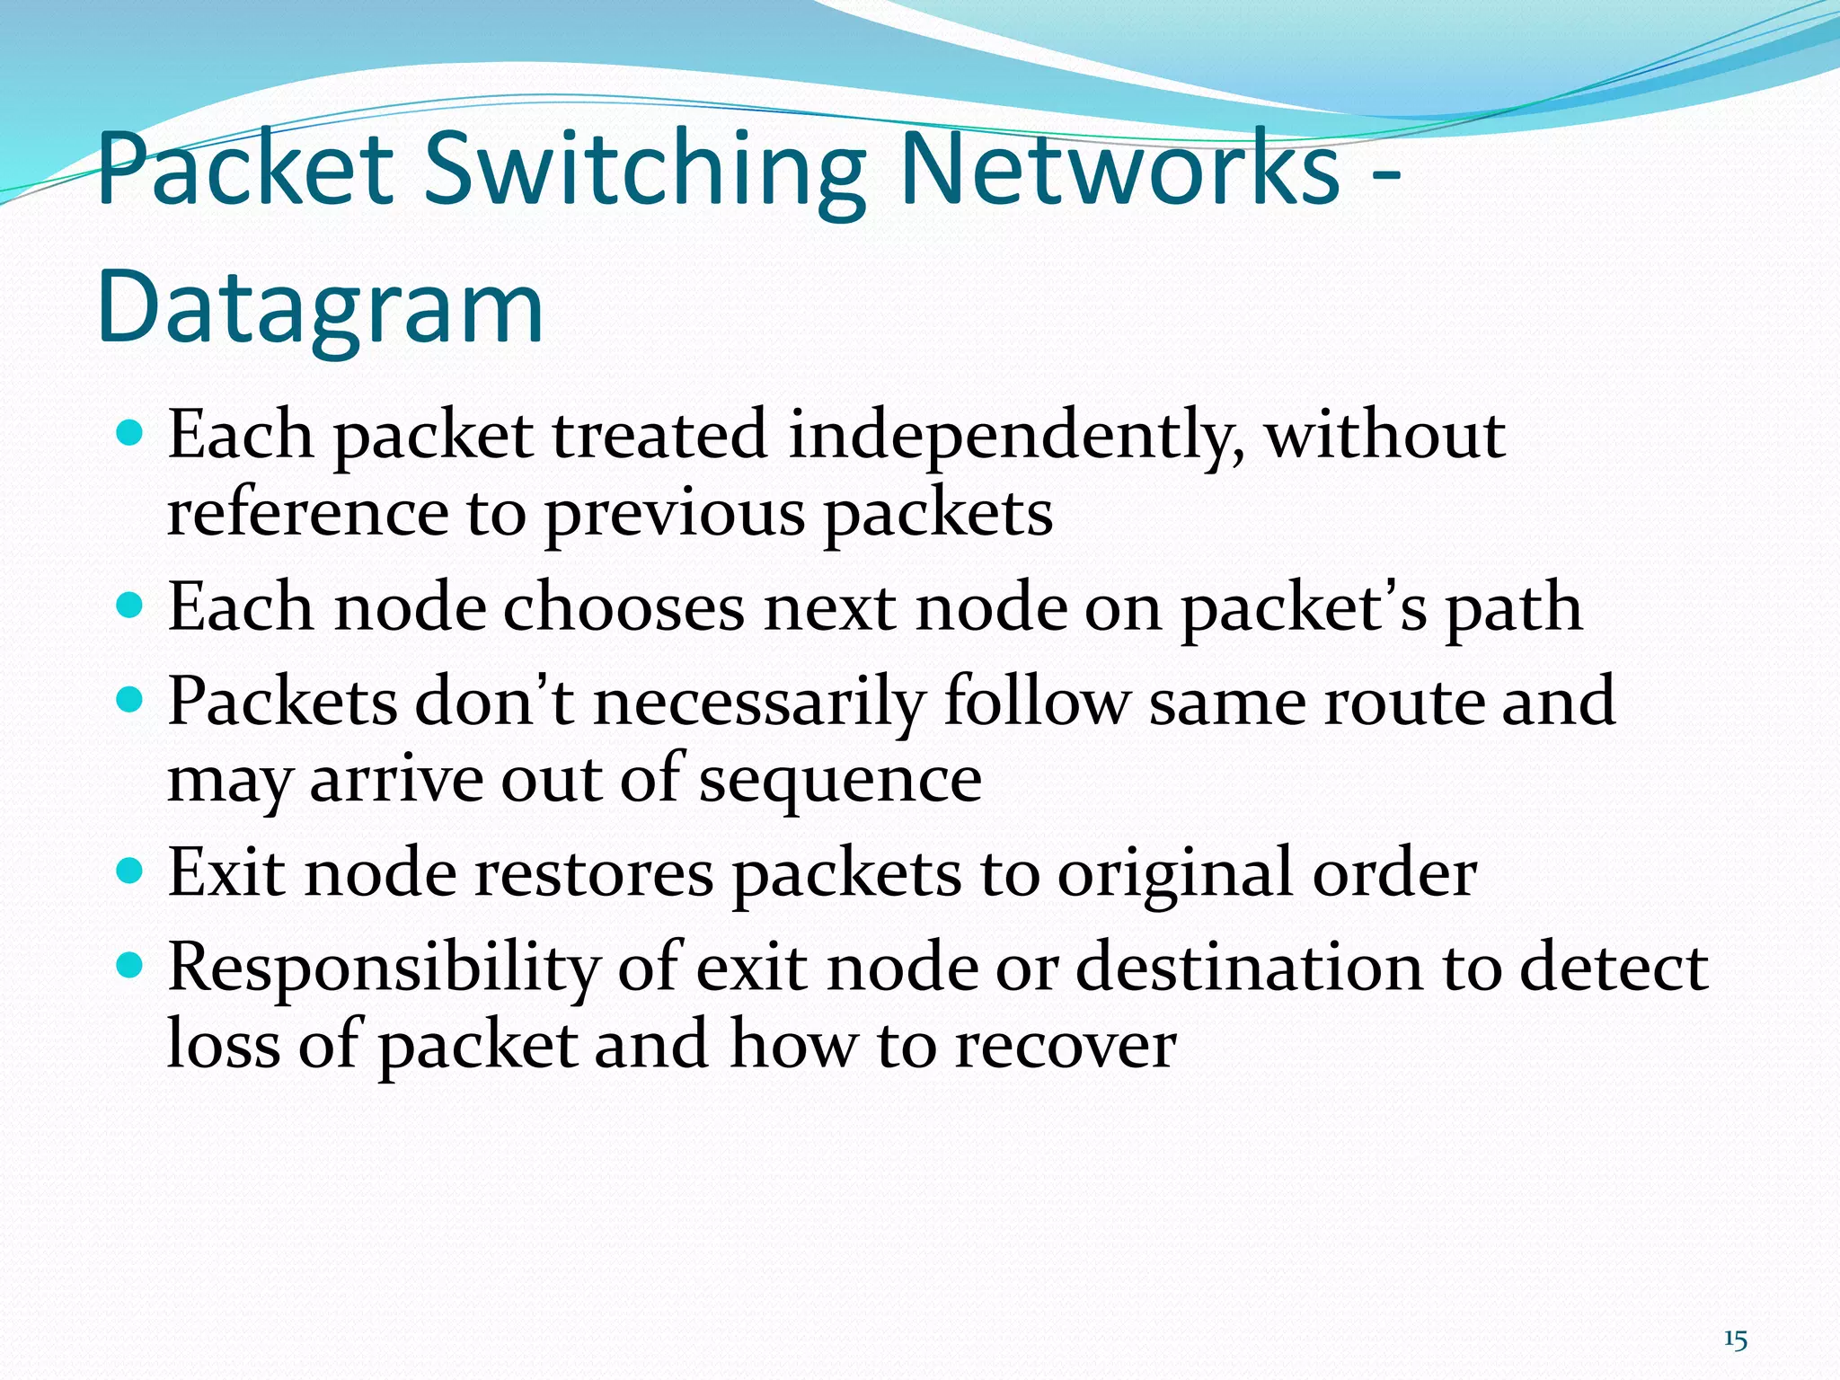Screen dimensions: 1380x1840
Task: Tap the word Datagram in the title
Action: [x=320, y=307]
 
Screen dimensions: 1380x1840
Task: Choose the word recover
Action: [x=1065, y=1046]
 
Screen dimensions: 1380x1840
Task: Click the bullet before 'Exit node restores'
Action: [x=130, y=870]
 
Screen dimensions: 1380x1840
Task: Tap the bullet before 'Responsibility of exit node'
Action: [x=130, y=965]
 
